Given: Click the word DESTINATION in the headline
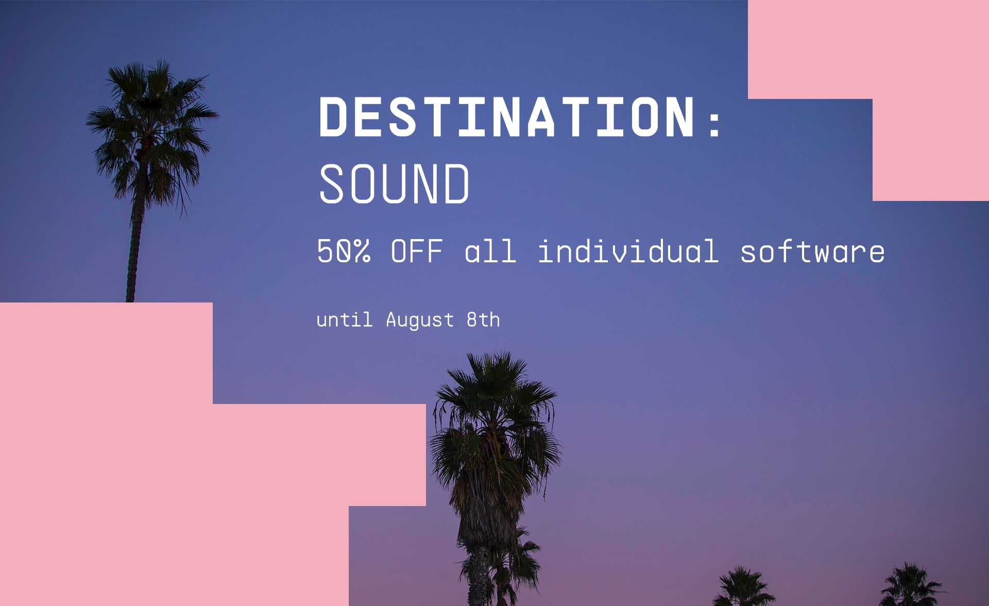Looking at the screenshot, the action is coord(507,116).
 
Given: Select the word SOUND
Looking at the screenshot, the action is coord(394,183).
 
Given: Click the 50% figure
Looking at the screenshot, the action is coord(344,251).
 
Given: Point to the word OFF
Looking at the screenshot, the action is coord(417,251).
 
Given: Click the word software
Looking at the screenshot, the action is coord(812,251).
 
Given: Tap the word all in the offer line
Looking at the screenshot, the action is coord(490,251).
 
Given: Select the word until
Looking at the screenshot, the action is coord(344,319).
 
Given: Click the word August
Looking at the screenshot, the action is coord(420,320).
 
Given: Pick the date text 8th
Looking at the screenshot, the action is coord(483,319).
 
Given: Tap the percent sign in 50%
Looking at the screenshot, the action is coord(362,251).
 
